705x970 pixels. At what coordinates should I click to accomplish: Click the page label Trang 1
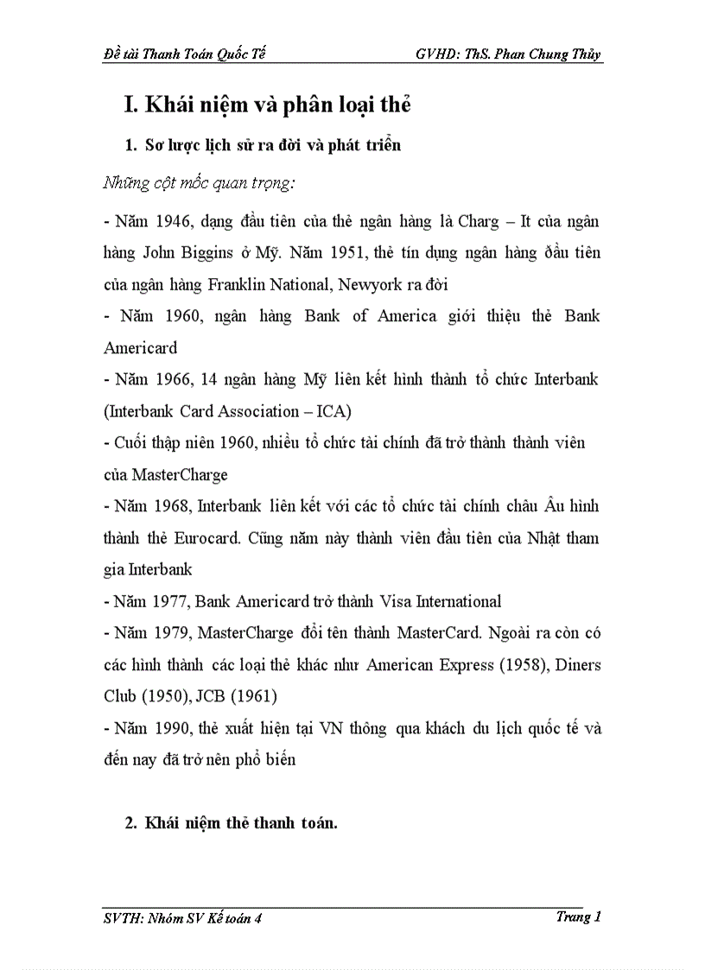tap(579, 916)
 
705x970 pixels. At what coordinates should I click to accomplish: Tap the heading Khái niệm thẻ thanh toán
tap(240, 823)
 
